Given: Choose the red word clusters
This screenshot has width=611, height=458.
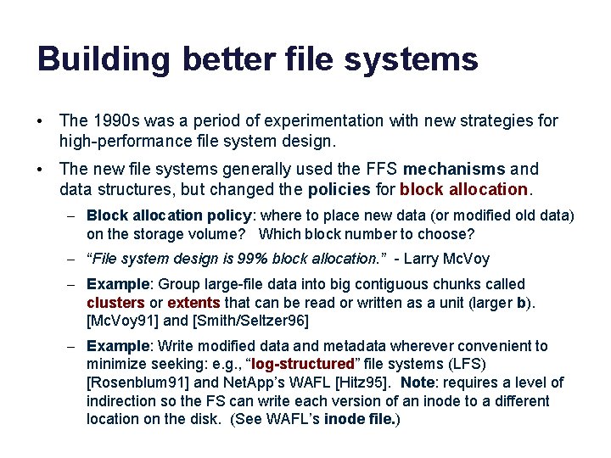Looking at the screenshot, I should pyautogui.click(x=115, y=302).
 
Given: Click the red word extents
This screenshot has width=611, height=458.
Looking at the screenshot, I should pyautogui.click(x=194, y=302).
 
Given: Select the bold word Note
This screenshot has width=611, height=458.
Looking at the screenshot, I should pyautogui.click(x=419, y=383).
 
